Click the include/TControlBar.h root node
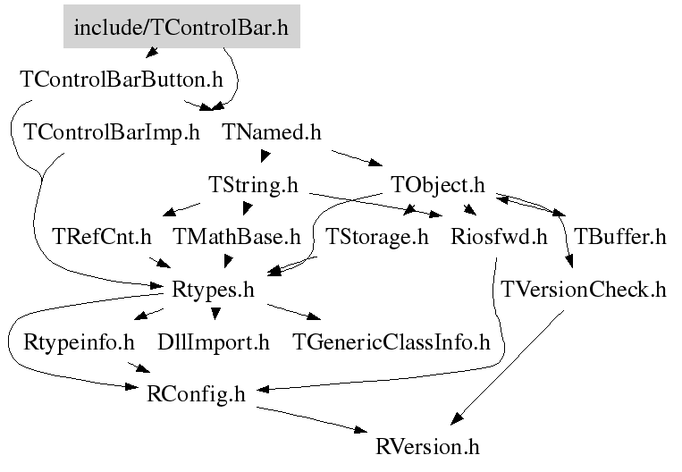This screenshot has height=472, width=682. [x=181, y=27]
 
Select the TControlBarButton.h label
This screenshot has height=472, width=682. [x=122, y=80]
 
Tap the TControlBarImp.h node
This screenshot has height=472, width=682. [x=112, y=132]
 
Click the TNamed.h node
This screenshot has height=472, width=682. [x=272, y=132]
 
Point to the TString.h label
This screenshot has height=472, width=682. [x=253, y=185]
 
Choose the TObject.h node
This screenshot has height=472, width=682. [x=438, y=185]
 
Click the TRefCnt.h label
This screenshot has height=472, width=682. [x=102, y=237]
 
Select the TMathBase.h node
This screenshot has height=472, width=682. [x=237, y=237]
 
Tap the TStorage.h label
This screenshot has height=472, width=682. [x=377, y=237]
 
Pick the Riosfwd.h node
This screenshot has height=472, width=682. [x=499, y=237]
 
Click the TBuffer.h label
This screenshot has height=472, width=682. [x=620, y=237]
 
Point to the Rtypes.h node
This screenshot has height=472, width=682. [x=213, y=290]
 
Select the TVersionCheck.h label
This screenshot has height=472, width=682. [x=584, y=290]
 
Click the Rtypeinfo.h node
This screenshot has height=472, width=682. [x=79, y=342]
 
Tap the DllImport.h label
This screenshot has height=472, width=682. [x=214, y=342]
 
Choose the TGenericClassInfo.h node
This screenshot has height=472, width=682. [x=392, y=342]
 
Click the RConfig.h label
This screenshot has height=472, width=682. [x=196, y=394]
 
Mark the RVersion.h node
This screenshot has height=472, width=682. [x=427, y=447]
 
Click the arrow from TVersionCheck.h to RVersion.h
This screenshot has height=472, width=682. [x=507, y=367]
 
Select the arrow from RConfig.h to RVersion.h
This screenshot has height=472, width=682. [x=312, y=419]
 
